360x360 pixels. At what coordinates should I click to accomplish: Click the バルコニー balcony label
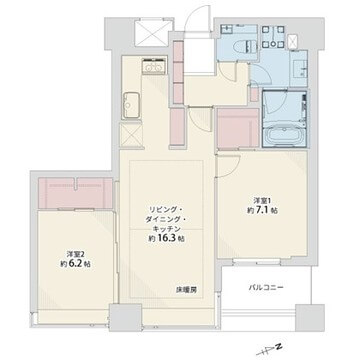click(268, 288)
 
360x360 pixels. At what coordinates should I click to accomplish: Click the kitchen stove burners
click(131, 103)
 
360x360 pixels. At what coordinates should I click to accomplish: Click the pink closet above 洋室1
click(239, 128)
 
